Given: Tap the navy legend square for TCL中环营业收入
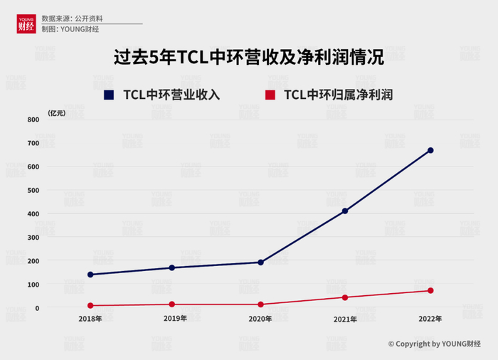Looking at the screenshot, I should click(x=109, y=94).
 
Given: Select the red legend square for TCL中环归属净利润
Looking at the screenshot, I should click(x=270, y=94).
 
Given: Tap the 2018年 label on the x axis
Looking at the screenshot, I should click(x=90, y=319).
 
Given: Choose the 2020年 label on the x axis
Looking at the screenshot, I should click(x=260, y=319).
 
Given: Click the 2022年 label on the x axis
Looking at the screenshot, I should click(x=430, y=319).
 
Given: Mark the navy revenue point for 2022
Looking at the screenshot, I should click(x=430, y=150).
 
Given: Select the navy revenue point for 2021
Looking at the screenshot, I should click(x=345, y=211).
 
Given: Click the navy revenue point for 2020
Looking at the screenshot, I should click(x=260, y=263).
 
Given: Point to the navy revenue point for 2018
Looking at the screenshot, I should click(x=90, y=275).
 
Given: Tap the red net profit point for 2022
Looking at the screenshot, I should click(x=430, y=290).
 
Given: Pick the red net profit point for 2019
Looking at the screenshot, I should click(x=171, y=305).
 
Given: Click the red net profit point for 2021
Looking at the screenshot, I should click(x=345, y=297).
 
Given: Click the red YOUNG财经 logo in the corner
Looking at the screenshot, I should click(x=26, y=23).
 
